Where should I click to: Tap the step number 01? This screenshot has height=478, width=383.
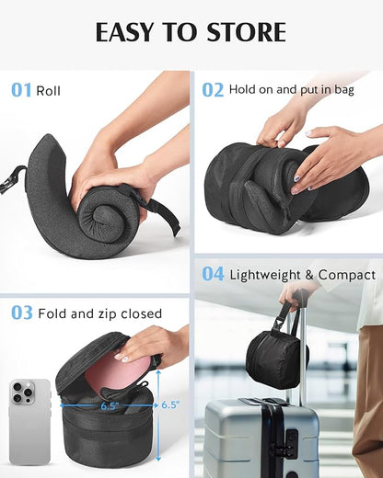[21, 90]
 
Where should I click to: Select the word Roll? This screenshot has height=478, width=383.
[49, 91]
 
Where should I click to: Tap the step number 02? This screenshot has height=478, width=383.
[213, 90]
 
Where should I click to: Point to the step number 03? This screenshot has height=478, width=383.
[22, 313]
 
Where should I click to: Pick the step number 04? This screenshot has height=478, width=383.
[213, 274]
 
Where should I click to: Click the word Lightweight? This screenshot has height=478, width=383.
[269, 275]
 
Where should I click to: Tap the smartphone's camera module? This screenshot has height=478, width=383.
[22, 393]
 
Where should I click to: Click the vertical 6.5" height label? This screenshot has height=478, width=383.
[171, 404]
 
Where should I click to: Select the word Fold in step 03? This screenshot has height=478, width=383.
[53, 314]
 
